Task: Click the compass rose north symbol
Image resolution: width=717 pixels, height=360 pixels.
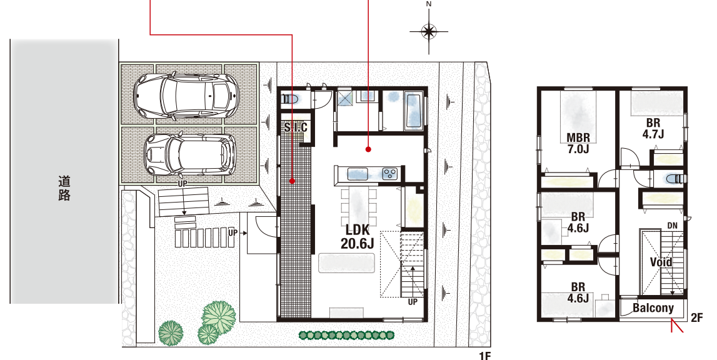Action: point(428,31)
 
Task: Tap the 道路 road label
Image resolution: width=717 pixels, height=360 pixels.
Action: point(64,188)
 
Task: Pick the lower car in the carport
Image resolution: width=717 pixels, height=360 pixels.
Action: point(190,155)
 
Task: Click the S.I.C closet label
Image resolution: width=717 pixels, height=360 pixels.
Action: point(296,127)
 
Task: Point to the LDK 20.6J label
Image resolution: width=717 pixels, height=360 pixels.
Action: point(357,236)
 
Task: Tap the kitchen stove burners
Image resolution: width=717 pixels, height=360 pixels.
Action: point(390,174)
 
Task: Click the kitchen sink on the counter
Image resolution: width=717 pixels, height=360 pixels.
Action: point(358,174)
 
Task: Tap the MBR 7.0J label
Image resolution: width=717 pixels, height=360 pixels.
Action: point(578,142)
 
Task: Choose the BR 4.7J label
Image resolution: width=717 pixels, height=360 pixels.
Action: point(653,129)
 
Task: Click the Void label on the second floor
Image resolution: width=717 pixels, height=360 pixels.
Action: point(661,262)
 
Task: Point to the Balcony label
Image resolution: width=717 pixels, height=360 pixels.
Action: point(653,308)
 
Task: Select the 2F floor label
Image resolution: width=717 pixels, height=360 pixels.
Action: point(696,317)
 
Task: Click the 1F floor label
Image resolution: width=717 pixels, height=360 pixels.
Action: point(484,356)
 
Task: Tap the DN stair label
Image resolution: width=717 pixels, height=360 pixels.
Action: point(672,226)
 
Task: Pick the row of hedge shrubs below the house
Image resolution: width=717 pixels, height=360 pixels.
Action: point(346,335)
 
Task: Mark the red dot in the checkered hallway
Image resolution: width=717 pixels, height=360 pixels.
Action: point(292,182)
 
